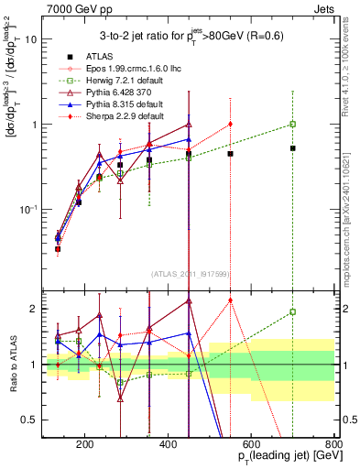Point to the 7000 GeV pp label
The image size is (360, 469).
67,7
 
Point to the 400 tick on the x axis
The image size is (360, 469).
168,443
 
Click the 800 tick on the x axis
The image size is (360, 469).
333,443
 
